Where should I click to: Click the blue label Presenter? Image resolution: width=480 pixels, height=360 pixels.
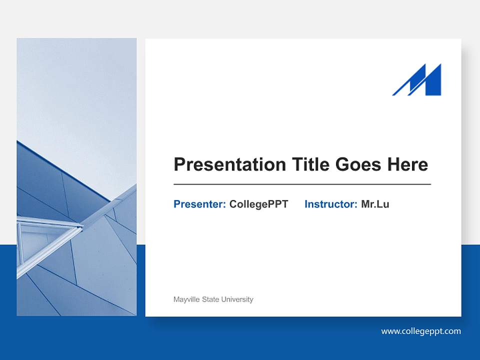coord(199,204)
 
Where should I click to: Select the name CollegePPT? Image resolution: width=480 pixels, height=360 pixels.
coord(258,204)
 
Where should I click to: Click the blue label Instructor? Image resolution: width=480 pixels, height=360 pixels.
coord(330,204)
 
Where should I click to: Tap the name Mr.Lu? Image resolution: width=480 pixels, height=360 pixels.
coord(375,204)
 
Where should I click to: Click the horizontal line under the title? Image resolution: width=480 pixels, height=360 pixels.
coord(302,184)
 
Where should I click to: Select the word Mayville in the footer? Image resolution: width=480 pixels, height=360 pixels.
coord(186,299)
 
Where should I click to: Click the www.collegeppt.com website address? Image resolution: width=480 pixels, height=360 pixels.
coord(421,331)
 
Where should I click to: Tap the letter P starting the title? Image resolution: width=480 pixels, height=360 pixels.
coord(179,164)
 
